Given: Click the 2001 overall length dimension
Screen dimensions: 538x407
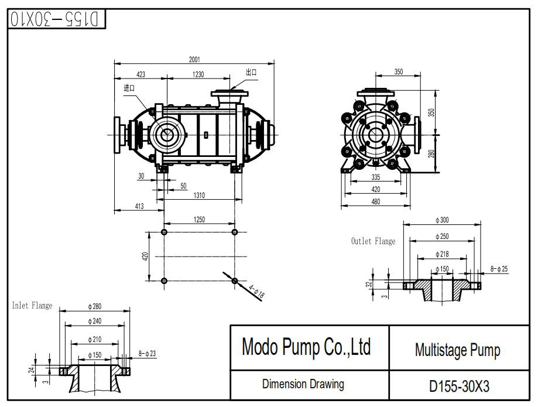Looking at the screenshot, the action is point(194,60).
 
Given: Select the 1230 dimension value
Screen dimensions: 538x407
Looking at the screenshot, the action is point(198,74).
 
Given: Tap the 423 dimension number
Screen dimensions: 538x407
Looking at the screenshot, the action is point(141,74).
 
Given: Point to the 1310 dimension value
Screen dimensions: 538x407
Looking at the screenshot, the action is point(199,195).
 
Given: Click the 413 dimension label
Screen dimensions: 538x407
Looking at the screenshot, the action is point(139,206).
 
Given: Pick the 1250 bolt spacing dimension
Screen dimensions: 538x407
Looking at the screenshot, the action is point(199,220).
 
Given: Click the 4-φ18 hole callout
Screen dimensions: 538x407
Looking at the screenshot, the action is point(256,291).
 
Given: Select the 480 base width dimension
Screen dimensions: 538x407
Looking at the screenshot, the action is point(376,202).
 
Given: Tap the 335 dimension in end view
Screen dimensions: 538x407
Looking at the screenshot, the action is point(376,177).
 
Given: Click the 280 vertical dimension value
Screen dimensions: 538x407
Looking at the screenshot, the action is point(431,153).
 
